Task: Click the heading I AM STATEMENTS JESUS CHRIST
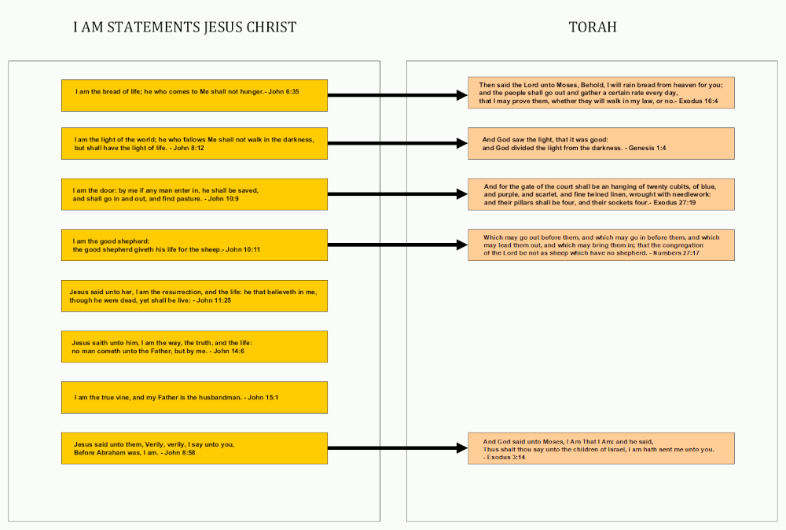pyautogui.click(x=185, y=27)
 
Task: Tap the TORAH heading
pyautogui.click(x=593, y=27)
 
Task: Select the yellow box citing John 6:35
pyautogui.click(x=194, y=95)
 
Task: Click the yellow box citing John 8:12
pyautogui.click(x=194, y=143)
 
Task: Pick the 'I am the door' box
pyautogui.click(x=194, y=194)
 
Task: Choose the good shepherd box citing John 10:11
pyautogui.click(x=194, y=245)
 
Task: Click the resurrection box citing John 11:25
pyautogui.click(x=194, y=296)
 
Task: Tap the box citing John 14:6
pyautogui.click(x=194, y=347)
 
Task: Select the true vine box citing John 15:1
pyautogui.click(x=194, y=398)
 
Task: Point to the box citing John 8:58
pyautogui.click(x=194, y=448)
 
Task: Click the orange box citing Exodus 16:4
pyautogui.click(x=601, y=93)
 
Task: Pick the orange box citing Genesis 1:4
pyautogui.click(x=601, y=143)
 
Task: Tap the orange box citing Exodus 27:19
pyautogui.click(x=601, y=194)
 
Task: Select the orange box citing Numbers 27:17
pyautogui.click(x=601, y=245)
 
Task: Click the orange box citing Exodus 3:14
pyautogui.click(x=601, y=448)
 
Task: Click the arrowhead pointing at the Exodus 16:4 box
pyautogui.click(x=463, y=95)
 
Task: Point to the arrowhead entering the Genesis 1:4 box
pyautogui.click(x=463, y=143)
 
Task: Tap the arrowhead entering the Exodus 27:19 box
pyautogui.click(x=463, y=194)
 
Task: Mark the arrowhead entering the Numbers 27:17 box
pyautogui.click(x=463, y=245)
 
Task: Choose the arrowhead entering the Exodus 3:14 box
pyautogui.click(x=463, y=447)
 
